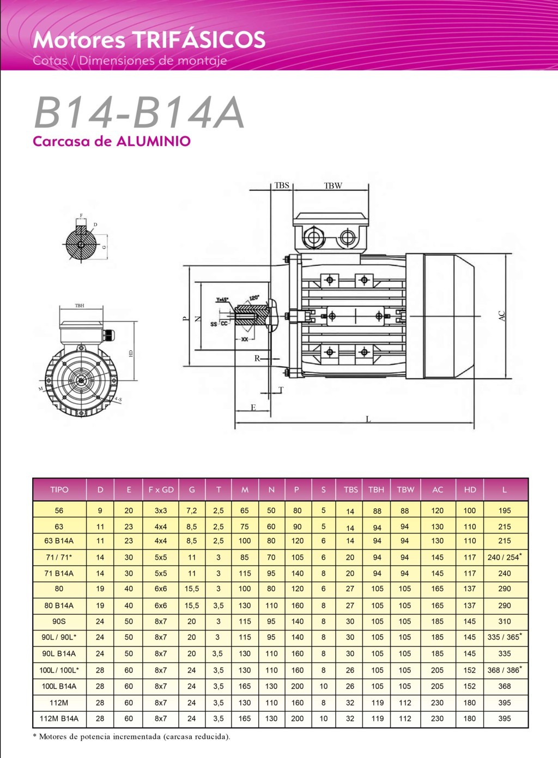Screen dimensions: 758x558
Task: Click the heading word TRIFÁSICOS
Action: pos(199,40)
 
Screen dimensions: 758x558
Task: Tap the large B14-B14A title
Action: pos(139,113)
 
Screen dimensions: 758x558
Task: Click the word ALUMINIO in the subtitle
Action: pos(154,142)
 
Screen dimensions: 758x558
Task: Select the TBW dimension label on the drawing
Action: pos(333,186)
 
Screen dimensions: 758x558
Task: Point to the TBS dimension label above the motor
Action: pos(282,185)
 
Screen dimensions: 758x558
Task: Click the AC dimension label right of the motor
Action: pos(502,316)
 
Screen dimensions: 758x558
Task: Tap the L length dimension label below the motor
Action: pos(368,419)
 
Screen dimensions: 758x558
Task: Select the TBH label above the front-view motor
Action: pos(80,306)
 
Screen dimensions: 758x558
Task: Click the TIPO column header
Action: pos(59,489)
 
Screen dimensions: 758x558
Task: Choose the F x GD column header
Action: pos(161,489)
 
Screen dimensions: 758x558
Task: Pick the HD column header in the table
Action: pos(470,489)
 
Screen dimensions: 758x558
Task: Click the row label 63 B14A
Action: pos(59,541)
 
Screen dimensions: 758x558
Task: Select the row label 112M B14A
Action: pos(59,719)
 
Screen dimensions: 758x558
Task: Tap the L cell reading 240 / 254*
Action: pos(505,557)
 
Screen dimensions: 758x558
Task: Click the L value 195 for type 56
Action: pos(505,511)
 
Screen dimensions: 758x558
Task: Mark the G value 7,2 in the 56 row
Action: pos(191,511)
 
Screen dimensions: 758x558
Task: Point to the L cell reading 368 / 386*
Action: pos(505,670)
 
